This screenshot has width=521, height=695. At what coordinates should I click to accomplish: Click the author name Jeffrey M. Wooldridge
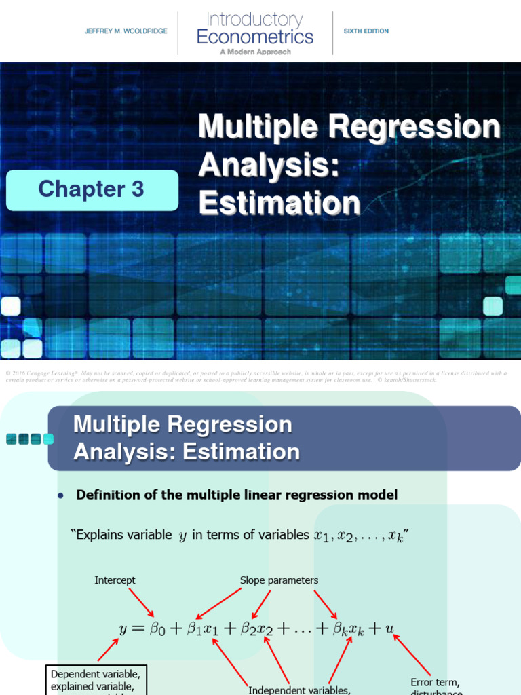(126, 31)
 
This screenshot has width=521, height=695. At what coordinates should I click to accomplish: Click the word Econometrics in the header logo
(255, 37)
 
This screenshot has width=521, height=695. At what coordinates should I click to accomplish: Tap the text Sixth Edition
(366, 31)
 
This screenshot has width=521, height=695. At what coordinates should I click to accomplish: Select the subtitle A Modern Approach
(255, 52)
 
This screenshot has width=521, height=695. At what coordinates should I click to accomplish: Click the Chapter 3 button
(92, 189)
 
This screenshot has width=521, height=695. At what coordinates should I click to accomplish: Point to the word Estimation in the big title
(279, 203)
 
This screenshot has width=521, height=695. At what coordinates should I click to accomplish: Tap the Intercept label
(115, 580)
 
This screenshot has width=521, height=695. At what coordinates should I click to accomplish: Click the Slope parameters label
(279, 580)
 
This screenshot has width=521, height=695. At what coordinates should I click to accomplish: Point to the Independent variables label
(298, 690)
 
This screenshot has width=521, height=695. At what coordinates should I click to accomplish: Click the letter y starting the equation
(123, 628)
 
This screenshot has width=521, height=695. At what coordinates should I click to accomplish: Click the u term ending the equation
(389, 628)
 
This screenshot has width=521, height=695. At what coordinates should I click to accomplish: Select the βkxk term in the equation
(348, 629)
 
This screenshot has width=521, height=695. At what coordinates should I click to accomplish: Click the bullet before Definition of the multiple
(60, 496)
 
